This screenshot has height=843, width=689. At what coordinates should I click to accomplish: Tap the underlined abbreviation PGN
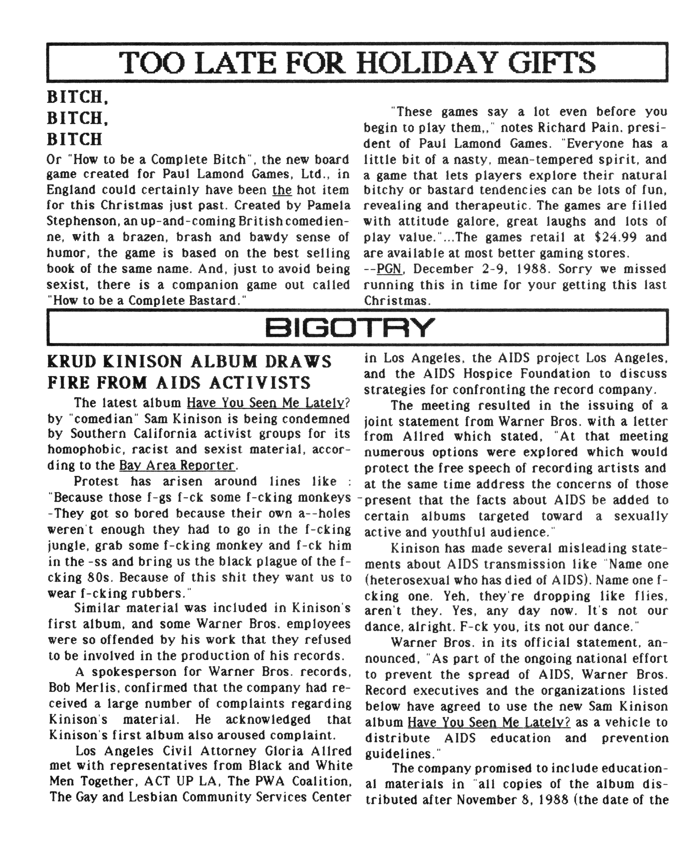click(x=389, y=269)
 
